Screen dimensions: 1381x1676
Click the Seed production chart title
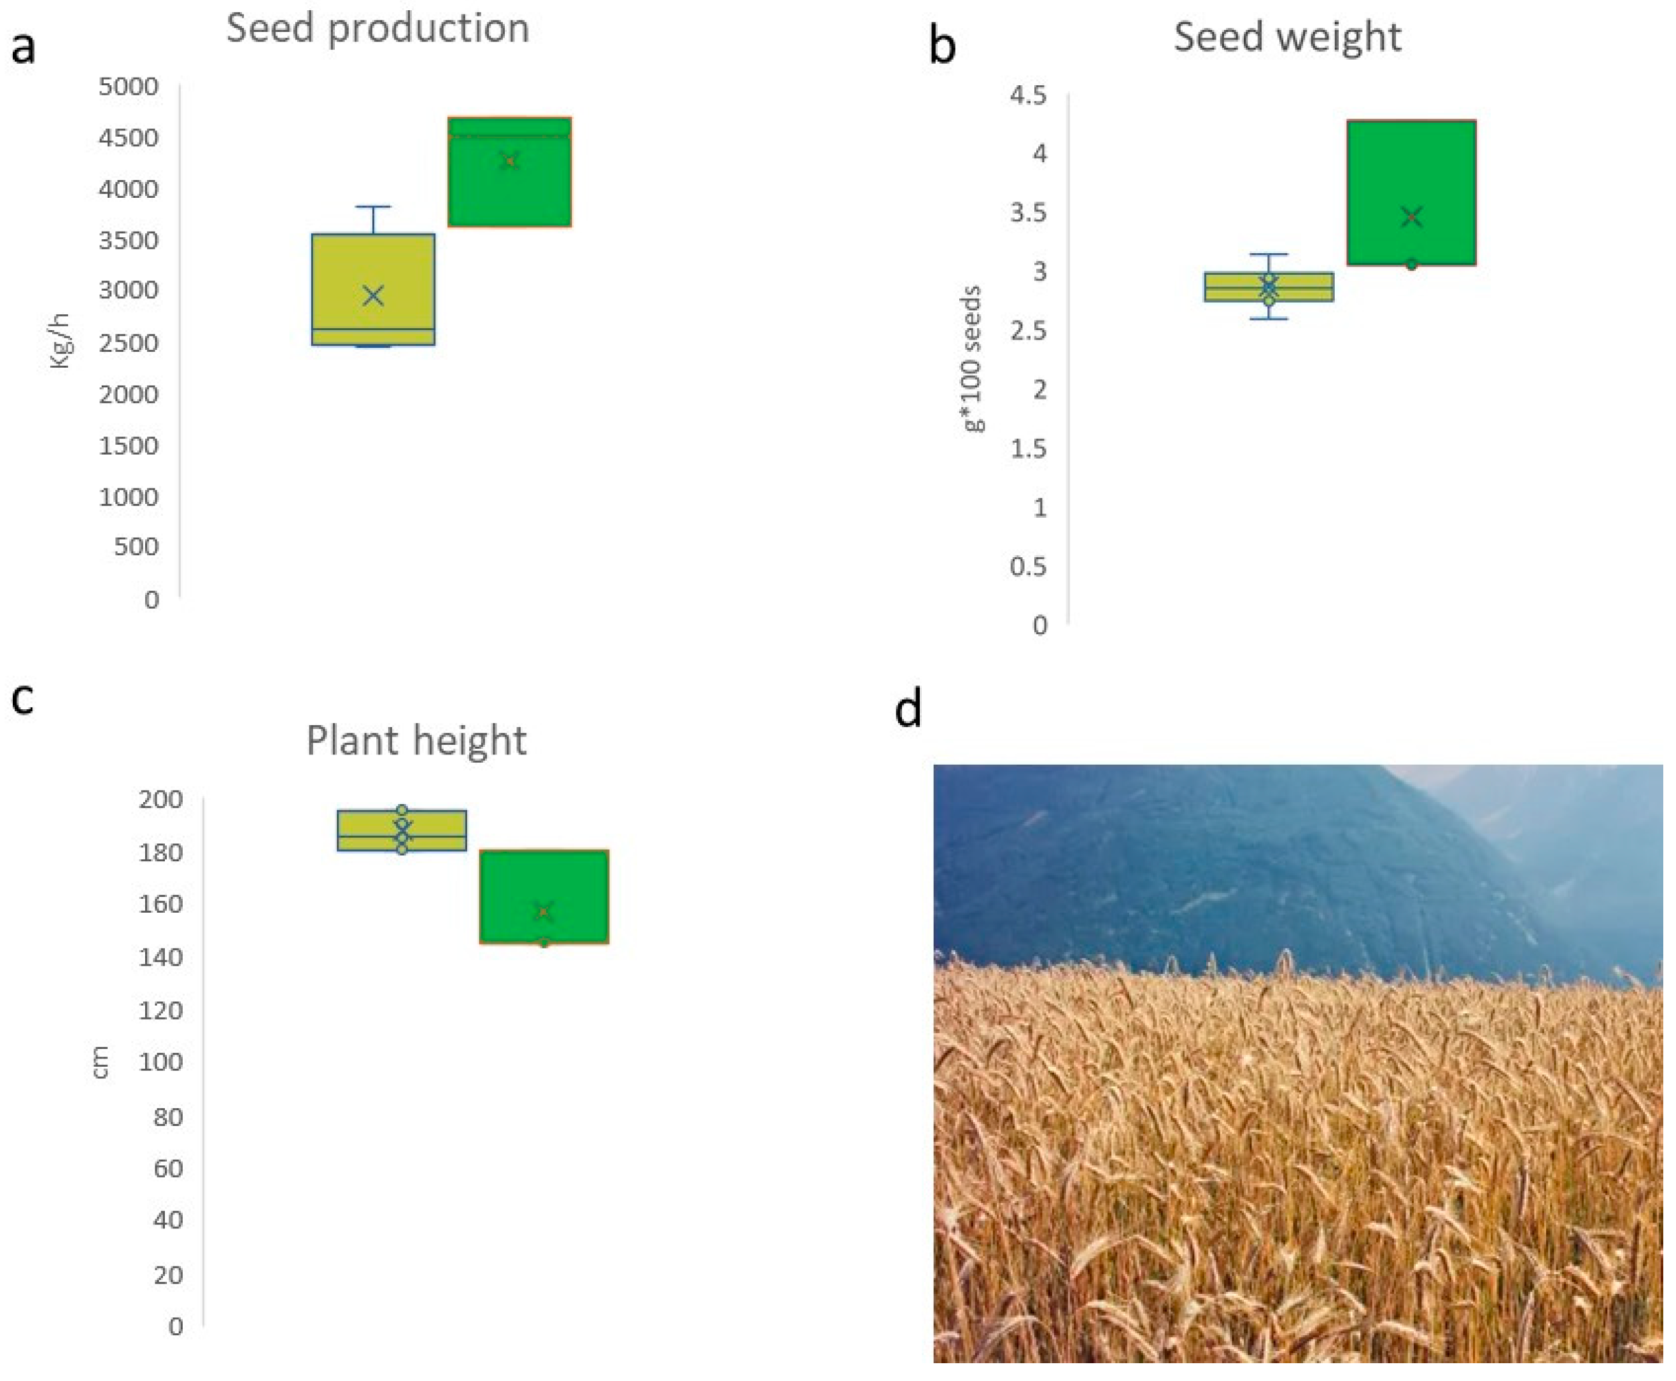click(378, 29)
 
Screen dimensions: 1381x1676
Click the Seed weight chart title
click(1287, 38)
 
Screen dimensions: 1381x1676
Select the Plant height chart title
click(416, 740)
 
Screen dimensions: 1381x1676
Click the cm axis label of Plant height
click(101, 1062)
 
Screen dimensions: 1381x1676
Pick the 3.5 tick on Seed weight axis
click(1028, 213)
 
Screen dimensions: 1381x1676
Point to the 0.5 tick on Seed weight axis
click(1028, 566)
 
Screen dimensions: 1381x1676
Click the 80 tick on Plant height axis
click(167, 1117)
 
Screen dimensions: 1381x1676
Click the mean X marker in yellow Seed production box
click(373, 295)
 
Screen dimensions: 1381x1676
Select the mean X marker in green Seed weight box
click(1412, 216)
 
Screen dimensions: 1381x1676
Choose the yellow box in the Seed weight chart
click(1269, 286)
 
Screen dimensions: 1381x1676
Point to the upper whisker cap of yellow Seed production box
click(373, 207)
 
